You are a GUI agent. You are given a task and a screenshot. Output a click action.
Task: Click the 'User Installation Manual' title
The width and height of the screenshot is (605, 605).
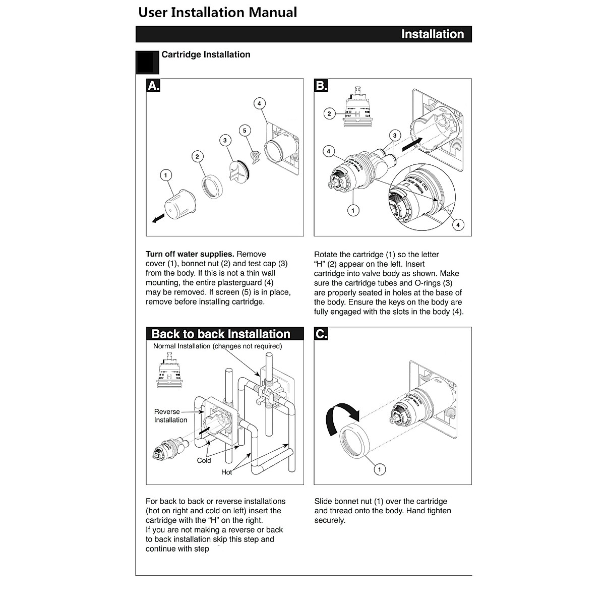pyautogui.click(x=218, y=13)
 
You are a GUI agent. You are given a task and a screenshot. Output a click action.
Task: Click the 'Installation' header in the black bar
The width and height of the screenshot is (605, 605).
pyautogui.click(x=432, y=34)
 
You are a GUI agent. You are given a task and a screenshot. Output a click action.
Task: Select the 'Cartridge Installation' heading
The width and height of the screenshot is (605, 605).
pyautogui.click(x=206, y=54)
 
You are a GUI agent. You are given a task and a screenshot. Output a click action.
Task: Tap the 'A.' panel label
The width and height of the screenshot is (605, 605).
pyautogui.click(x=153, y=86)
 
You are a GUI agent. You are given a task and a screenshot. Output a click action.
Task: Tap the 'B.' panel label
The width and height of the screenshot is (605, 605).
pyautogui.click(x=321, y=86)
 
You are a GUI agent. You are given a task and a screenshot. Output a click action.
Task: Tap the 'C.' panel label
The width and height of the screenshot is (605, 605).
pyautogui.click(x=321, y=334)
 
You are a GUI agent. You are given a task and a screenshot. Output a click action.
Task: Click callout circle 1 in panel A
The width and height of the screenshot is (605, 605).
pyautogui.click(x=165, y=175)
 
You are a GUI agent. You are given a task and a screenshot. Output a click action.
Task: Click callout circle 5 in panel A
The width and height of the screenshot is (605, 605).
pyautogui.click(x=245, y=131)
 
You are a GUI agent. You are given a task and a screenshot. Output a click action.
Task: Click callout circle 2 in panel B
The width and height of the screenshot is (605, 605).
pyautogui.click(x=329, y=114)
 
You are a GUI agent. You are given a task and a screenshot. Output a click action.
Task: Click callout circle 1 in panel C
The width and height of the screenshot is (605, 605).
pyautogui.click(x=379, y=469)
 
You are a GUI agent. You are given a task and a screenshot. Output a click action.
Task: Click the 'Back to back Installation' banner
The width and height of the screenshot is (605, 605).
pyautogui.click(x=221, y=334)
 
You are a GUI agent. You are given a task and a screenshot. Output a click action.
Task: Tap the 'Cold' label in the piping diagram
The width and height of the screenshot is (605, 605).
pyautogui.click(x=204, y=460)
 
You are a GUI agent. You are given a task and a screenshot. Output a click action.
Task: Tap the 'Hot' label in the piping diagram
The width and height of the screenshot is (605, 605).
pyautogui.click(x=227, y=472)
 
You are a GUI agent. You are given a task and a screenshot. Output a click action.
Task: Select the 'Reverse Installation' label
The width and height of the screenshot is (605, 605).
pyautogui.click(x=170, y=416)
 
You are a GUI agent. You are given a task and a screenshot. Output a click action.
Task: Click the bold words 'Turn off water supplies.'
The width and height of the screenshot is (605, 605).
pyautogui.click(x=190, y=254)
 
